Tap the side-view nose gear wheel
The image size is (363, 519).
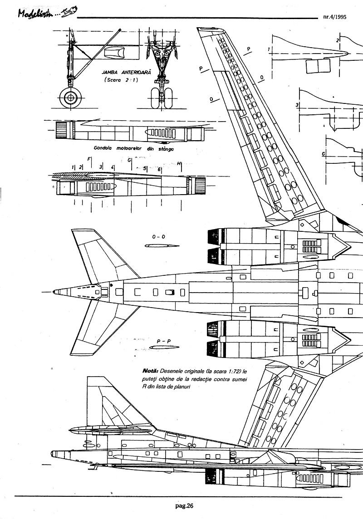(x=70, y=97)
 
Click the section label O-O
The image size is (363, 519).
(x=158, y=236)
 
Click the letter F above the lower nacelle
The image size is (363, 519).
(x=89, y=159)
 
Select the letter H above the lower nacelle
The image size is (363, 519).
(x=179, y=163)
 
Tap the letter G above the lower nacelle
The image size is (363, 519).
(x=130, y=160)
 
